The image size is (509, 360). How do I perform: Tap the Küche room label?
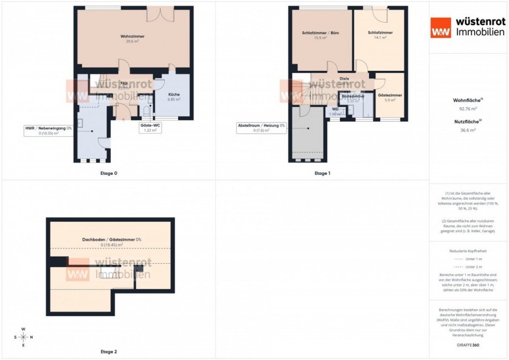tap(174, 95)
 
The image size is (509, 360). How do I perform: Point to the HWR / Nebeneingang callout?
tap(48, 131)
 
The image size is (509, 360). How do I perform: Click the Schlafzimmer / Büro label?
tap(321, 33)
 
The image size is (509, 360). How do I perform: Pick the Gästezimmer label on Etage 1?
tap(390, 95)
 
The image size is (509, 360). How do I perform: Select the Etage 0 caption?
tap(108, 173)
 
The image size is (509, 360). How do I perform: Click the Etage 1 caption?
tap(322, 173)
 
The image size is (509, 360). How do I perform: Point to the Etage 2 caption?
tap(108, 352)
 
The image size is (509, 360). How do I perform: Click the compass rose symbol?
tap(23, 337)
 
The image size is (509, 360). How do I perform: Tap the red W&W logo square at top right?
tap(442, 28)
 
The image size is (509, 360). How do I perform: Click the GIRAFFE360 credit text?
tap(468, 345)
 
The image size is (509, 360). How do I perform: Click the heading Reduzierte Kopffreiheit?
tap(468, 251)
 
